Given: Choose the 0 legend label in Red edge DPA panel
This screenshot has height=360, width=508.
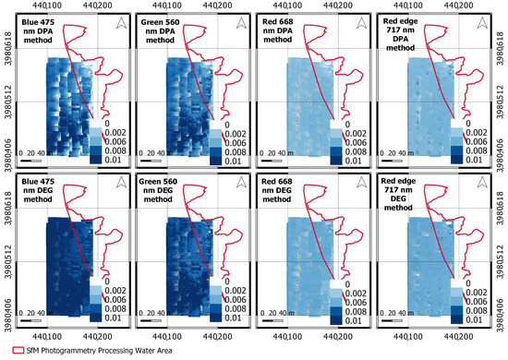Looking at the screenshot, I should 469,122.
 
